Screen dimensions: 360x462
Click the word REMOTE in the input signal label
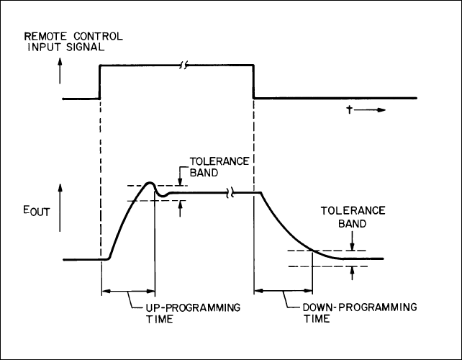[x=46, y=35]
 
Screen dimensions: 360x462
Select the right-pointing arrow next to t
[x=371, y=111]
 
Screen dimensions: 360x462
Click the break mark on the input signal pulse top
[x=184, y=66]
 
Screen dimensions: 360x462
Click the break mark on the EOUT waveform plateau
[x=231, y=192]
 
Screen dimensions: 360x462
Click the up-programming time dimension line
[x=129, y=291]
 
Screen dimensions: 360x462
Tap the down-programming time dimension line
[x=283, y=291]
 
